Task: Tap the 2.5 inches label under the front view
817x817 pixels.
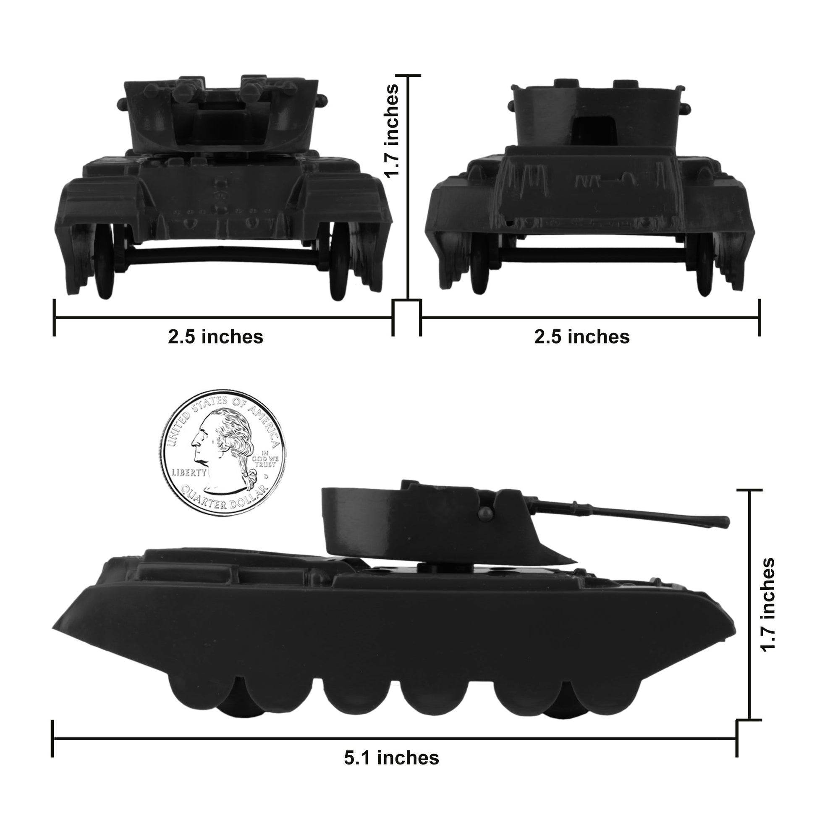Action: tap(215, 337)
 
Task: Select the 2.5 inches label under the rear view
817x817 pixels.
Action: tap(581, 337)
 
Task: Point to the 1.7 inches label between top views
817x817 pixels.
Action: tap(391, 131)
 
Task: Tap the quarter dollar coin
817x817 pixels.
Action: tap(223, 453)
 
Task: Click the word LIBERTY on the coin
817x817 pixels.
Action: tap(189, 472)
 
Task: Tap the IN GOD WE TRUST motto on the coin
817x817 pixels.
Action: tap(265, 458)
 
